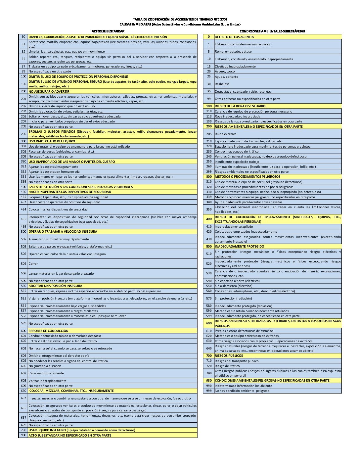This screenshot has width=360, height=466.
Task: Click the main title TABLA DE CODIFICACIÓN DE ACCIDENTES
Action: click(180, 20)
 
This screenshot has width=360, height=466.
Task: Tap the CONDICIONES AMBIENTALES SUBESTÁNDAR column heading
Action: click(272, 31)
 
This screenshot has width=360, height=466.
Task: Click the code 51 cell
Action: click(23, 44)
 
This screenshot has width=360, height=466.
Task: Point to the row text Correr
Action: click(33, 264)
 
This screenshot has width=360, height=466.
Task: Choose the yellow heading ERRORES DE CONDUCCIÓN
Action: click(48, 331)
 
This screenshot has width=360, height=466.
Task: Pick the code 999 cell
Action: click(208, 391)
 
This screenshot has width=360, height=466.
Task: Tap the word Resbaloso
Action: click(222, 84)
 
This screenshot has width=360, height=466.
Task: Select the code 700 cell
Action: click(208, 356)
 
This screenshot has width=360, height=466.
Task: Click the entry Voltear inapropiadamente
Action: click(47, 381)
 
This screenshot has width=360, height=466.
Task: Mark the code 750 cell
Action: click(23, 430)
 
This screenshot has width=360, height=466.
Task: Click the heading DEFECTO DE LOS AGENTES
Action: click(234, 37)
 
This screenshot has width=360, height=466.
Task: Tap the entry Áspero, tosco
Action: click(225, 71)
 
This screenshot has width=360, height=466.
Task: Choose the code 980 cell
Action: click(208, 381)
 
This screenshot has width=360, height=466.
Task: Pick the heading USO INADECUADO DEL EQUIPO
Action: click(52, 141)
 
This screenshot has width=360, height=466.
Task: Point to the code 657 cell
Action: click(23, 418)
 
